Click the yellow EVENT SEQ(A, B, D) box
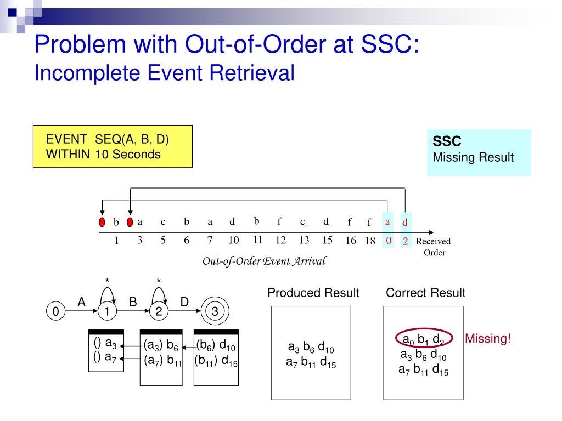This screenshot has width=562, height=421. pos(113,146)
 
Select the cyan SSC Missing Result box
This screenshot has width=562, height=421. pos(479,152)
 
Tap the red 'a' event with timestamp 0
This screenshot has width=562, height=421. pos(387,222)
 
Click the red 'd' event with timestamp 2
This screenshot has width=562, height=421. pos(405,222)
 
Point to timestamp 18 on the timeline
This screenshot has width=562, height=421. pos(370,241)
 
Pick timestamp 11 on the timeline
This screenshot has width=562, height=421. pos(257,239)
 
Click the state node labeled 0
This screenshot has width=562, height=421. pos(55,312)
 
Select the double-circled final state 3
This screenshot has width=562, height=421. pos(215,312)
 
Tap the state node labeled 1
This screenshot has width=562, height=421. pos(108,312)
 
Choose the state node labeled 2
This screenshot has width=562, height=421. pos(159,312)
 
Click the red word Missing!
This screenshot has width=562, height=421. pos(487,339)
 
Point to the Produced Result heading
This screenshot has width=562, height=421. pos(313,293)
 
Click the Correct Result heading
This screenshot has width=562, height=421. pos(425,293)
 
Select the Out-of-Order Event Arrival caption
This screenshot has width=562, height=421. pos(264,261)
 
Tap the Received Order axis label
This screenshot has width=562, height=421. pos(434,247)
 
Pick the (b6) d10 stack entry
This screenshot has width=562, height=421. pos(216,346)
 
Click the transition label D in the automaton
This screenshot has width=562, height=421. pos(184,302)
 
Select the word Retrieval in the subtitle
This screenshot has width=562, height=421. pos(260,72)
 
